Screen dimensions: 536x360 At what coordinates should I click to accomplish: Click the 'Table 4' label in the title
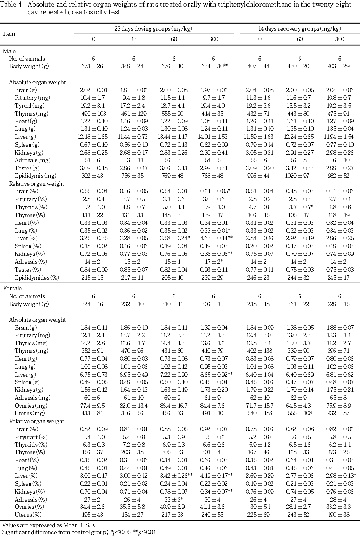click(x=11, y=4)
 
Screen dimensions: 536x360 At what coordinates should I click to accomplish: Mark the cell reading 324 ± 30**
click(x=215, y=66)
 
